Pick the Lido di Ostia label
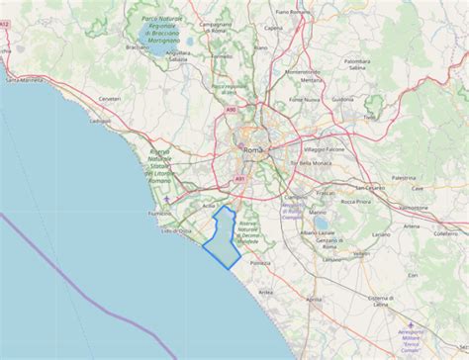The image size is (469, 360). point(176,229)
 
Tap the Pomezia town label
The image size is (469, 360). point(260,263)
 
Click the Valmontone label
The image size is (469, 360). point(414,208)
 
